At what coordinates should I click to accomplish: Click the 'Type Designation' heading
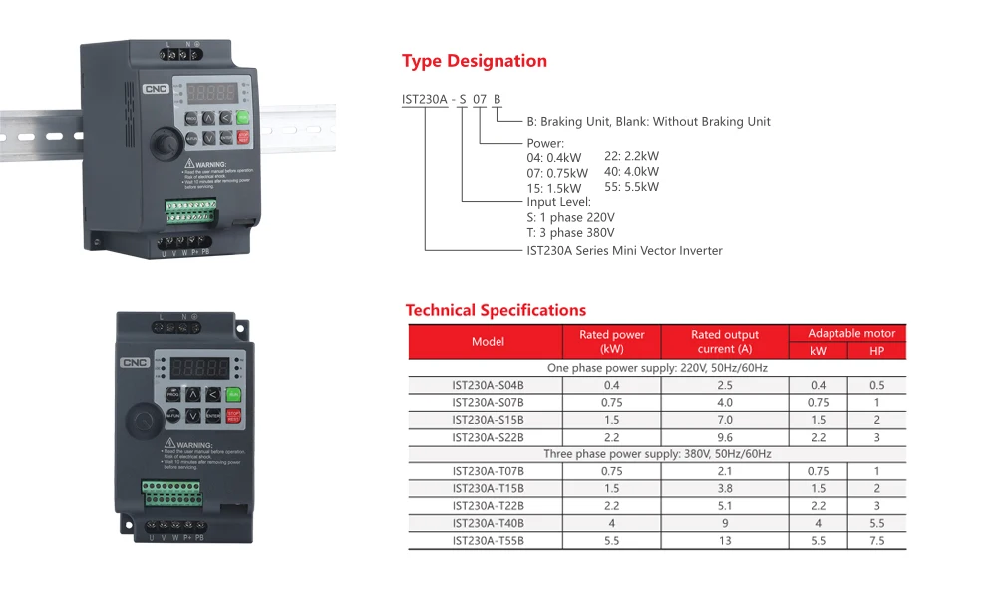[475, 61]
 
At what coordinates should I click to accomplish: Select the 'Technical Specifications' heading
[496, 310]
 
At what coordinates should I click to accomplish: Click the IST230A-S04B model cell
[488, 385]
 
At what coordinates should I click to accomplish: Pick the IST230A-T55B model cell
[488, 540]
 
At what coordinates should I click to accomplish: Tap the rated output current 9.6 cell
[725, 437]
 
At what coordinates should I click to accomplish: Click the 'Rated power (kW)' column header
[612, 342]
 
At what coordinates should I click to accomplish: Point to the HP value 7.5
[877, 540]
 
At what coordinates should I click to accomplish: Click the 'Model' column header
[488, 342]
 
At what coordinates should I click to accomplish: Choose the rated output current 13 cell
[725, 540]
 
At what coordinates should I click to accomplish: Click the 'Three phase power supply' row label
[657, 454]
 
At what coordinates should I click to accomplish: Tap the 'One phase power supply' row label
[657, 368]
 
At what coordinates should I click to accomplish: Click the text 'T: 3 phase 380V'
[570, 233]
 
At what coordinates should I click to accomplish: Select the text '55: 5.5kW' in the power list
[632, 187]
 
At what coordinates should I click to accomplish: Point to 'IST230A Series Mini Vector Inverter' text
[624, 251]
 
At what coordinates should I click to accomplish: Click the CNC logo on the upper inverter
[156, 89]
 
